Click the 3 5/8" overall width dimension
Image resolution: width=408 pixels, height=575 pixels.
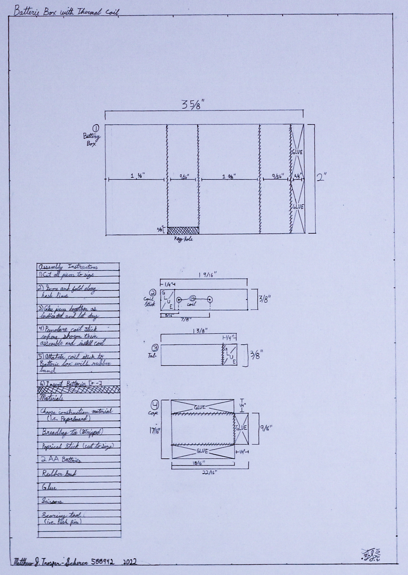(x=193, y=105)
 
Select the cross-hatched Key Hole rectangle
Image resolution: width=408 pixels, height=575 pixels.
(x=183, y=230)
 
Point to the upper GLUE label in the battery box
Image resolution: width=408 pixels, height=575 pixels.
(x=297, y=152)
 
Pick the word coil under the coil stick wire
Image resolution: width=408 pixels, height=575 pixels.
(x=191, y=304)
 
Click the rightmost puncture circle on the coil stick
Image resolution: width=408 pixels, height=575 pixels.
(x=210, y=300)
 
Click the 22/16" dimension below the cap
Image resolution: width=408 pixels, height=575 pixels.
(x=209, y=472)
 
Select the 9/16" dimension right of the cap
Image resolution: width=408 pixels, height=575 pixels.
(x=265, y=428)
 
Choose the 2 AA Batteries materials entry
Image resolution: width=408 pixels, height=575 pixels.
(x=61, y=460)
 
